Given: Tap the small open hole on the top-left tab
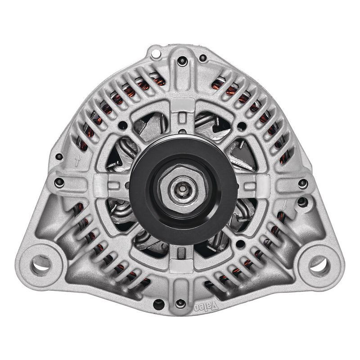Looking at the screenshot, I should pyautogui.click(x=156, y=54).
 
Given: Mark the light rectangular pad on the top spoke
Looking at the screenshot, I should pyautogui.click(x=183, y=104).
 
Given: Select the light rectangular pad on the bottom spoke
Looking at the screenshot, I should pyautogui.click(x=183, y=265).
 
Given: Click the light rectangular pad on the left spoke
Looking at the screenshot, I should pyautogui.click(x=103, y=184).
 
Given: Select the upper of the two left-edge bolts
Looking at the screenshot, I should pyautogui.click(x=58, y=157).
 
